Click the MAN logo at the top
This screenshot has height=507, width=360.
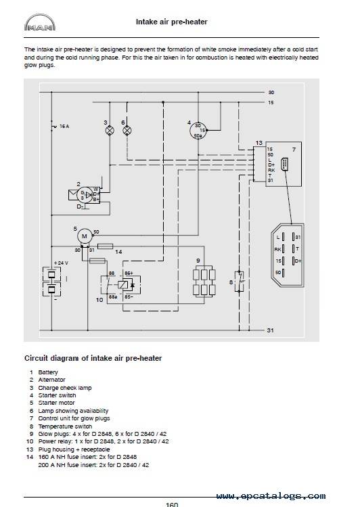click(x=40, y=22)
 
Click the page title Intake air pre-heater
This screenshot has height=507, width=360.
click(x=172, y=22)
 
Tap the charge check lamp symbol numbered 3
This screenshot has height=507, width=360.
click(x=110, y=131)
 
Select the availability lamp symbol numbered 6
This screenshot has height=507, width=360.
click(x=127, y=131)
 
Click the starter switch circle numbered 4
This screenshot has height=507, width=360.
click(x=198, y=131)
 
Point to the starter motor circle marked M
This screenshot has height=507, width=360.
click(x=85, y=236)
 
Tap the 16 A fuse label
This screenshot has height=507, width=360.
click(x=64, y=127)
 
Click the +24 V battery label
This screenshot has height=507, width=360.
click(x=61, y=263)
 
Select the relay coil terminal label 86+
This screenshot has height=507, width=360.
click(x=129, y=273)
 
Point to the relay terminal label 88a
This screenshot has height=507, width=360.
click(x=112, y=296)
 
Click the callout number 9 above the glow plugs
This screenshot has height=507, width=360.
click(x=198, y=261)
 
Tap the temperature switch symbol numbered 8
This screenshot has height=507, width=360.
click(x=239, y=282)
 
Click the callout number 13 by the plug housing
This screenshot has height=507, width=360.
click(x=259, y=143)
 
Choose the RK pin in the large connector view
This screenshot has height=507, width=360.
click(x=280, y=249)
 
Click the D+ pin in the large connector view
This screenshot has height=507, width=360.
click(x=296, y=261)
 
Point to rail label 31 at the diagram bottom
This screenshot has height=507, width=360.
click(x=271, y=330)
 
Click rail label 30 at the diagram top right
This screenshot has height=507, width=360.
click(x=271, y=93)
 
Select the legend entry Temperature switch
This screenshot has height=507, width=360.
click(x=65, y=426)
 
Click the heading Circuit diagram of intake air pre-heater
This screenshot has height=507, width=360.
click(x=93, y=358)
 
